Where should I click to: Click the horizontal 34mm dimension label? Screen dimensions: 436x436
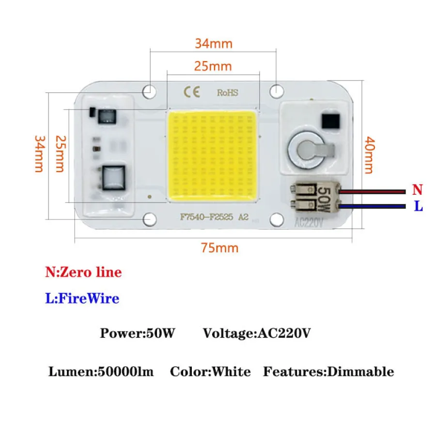click(x=214, y=44)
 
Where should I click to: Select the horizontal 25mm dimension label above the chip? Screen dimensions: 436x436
click(x=213, y=66)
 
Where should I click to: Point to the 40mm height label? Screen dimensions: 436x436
click(x=369, y=155)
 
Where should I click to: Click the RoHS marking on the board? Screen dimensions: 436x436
click(x=227, y=92)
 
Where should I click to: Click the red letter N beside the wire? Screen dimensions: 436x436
click(x=417, y=189)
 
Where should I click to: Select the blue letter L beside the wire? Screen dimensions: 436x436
click(x=418, y=206)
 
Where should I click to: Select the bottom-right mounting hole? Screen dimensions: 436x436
click(x=276, y=220)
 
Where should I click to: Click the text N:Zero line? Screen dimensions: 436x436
click(x=83, y=272)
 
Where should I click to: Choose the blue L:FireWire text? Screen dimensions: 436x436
click(x=82, y=298)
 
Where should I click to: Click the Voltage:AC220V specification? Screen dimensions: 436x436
click(x=256, y=333)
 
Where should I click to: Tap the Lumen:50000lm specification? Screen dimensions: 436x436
click(x=101, y=372)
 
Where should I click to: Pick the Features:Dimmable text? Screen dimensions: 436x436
click(x=328, y=372)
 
